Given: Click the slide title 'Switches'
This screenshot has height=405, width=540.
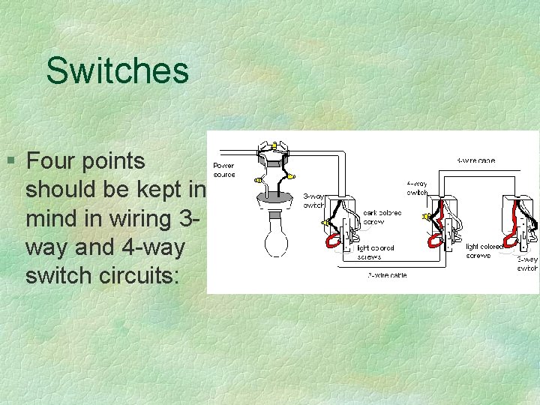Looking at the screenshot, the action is click(x=117, y=70).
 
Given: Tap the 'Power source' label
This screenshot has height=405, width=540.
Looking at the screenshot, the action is click(x=223, y=170).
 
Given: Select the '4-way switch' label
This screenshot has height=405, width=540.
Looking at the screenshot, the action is click(x=417, y=187).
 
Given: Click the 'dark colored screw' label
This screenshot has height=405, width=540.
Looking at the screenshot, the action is click(x=382, y=217).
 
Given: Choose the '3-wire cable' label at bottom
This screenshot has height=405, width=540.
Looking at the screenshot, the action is click(x=387, y=274).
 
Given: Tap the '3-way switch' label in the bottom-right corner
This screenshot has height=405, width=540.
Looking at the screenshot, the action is click(x=527, y=263).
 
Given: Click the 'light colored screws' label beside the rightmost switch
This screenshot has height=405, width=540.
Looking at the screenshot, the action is click(x=484, y=250).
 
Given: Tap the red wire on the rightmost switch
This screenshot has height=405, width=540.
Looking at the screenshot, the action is click(x=513, y=234).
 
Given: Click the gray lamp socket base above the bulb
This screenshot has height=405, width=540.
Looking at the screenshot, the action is click(x=274, y=198).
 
